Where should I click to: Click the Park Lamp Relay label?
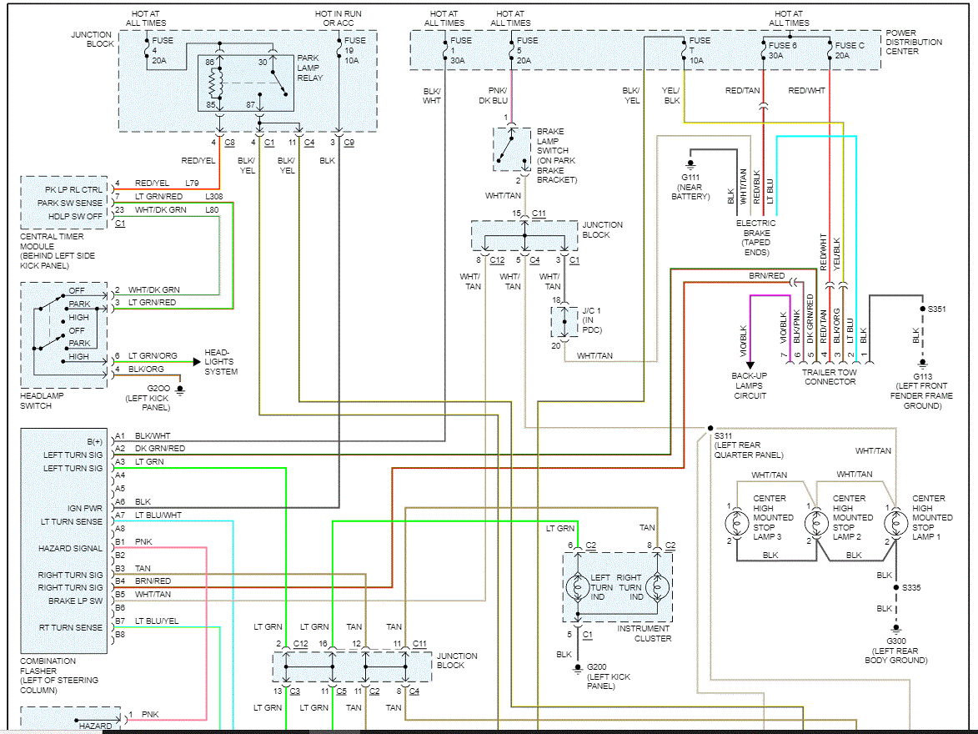(310, 68)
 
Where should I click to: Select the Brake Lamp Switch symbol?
(512, 149)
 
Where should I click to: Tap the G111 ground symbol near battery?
(690, 165)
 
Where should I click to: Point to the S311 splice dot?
(710, 428)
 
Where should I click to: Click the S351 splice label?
(937, 309)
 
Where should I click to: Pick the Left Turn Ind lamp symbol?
(578, 586)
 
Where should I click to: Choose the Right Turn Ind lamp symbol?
(657, 586)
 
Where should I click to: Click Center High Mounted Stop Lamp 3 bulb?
(736, 523)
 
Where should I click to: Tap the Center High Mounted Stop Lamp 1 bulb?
(896, 523)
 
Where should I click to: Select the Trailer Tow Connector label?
(830, 377)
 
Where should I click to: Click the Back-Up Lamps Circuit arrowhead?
(750, 365)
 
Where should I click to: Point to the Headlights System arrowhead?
(197, 361)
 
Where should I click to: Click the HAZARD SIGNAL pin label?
(70, 548)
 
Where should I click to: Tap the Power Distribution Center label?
(914, 42)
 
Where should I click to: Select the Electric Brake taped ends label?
(756, 238)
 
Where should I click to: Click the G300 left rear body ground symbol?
(896, 629)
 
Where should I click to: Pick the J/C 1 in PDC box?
(564, 321)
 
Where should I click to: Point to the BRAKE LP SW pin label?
(76, 601)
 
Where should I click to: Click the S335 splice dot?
(896, 588)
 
